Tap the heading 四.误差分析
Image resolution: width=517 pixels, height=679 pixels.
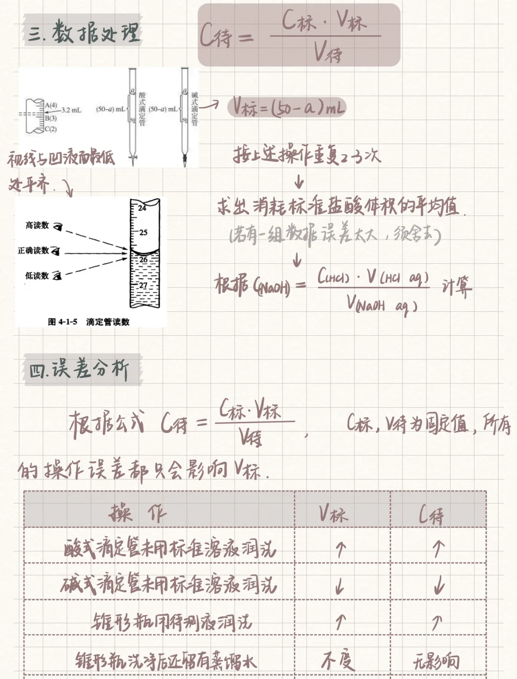click(x=79, y=370)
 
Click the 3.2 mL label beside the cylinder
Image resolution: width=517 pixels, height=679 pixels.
click(x=71, y=110)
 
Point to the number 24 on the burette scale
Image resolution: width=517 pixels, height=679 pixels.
click(x=142, y=208)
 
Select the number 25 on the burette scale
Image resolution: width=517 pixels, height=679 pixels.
click(x=143, y=232)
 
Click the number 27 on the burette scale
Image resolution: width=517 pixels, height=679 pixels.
click(x=143, y=285)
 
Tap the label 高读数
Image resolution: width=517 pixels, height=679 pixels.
click(x=37, y=225)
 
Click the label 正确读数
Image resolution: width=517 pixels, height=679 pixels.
click(x=34, y=250)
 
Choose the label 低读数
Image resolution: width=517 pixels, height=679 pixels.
click(x=37, y=275)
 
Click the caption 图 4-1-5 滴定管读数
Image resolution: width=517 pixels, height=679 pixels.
click(x=89, y=322)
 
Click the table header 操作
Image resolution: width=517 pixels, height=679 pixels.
click(x=138, y=513)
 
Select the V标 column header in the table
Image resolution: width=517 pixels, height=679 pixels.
click(x=334, y=514)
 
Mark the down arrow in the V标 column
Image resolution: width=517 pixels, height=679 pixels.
click(x=339, y=586)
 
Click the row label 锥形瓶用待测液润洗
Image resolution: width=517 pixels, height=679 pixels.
click(x=171, y=622)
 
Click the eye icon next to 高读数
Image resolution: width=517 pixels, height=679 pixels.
click(x=58, y=226)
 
